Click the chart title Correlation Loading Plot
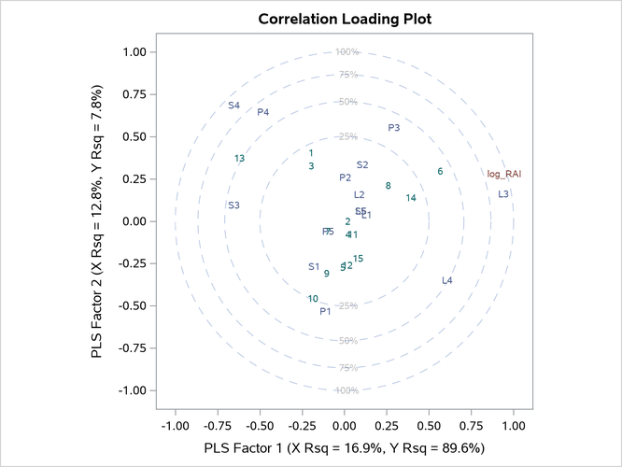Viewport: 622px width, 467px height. pyautogui.click(x=345, y=19)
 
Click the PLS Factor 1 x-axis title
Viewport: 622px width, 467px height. pyautogui.click(x=345, y=447)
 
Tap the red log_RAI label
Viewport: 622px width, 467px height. pyautogui.click(x=504, y=174)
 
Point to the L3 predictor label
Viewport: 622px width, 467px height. pyautogui.click(x=503, y=194)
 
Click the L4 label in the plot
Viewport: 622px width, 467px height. pyautogui.click(x=447, y=280)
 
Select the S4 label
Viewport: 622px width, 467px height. pyautogui.click(x=234, y=106)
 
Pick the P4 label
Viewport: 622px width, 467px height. pyautogui.click(x=263, y=113)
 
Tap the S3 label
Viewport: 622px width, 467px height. pyautogui.click(x=233, y=205)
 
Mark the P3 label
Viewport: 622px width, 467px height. pyautogui.click(x=394, y=128)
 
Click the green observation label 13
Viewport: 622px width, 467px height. pyautogui.click(x=240, y=159)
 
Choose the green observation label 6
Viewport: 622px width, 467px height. pyautogui.click(x=440, y=171)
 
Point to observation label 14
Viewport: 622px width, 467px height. pyautogui.click(x=411, y=198)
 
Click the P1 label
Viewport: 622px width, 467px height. pyautogui.click(x=325, y=312)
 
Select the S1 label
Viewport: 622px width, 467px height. pyautogui.click(x=314, y=267)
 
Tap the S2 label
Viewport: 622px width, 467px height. pyautogui.click(x=362, y=165)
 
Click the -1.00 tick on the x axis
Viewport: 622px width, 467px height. pyautogui.click(x=175, y=426)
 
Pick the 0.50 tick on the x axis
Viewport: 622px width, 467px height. pyautogui.click(x=430, y=426)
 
